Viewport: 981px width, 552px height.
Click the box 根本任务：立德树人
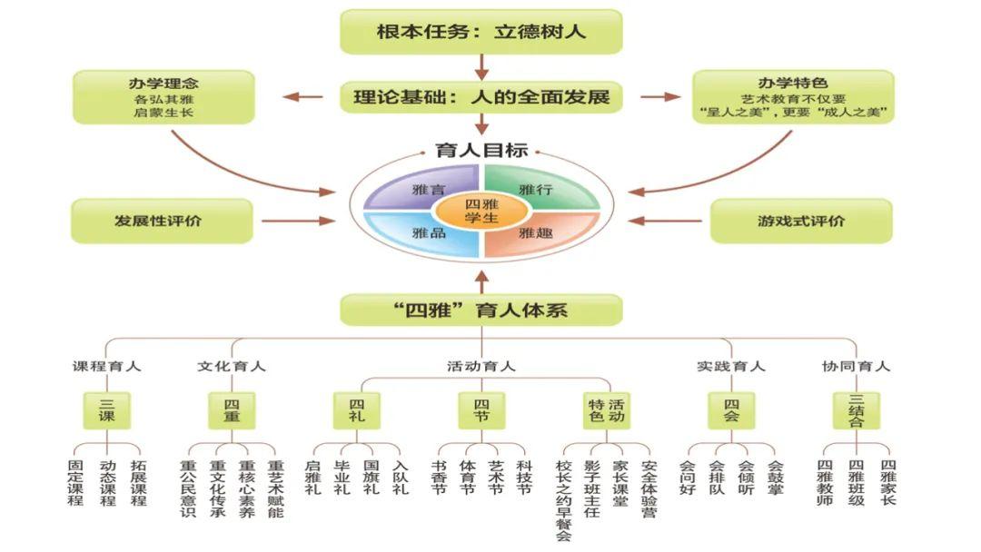(481, 32)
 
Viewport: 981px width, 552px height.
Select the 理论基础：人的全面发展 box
(481, 96)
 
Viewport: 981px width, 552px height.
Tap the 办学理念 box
(163, 97)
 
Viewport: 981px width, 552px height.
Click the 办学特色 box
(792, 97)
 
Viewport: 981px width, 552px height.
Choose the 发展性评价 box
(162, 221)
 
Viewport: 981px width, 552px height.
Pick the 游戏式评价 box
(800, 221)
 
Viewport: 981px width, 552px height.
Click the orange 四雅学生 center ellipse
(481, 212)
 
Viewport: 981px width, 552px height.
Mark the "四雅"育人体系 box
(481, 310)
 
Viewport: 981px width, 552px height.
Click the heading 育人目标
(481, 151)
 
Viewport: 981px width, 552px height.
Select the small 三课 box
(107, 410)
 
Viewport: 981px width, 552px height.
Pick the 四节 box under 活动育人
(481, 410)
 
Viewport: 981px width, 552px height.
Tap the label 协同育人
(856, 367)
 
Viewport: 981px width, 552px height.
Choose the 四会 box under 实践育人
(731, 410)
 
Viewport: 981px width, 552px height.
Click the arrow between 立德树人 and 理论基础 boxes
(481, 66)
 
